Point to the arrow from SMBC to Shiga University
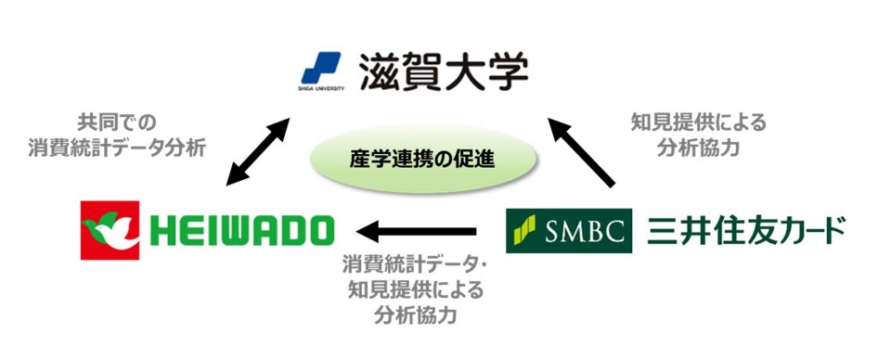(582, 148)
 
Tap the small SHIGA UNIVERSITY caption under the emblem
(322, 88)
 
